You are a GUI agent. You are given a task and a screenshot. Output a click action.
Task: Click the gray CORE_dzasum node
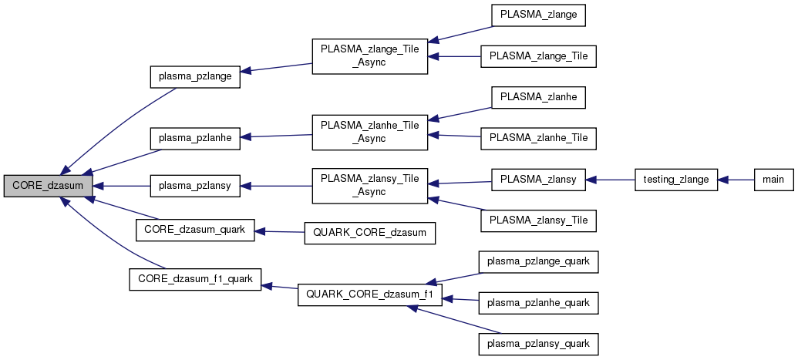coord(48,186)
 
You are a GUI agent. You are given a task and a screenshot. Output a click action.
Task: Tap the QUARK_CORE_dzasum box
coord(371,231)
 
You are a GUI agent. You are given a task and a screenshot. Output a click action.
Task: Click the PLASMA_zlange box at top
coord(538,15)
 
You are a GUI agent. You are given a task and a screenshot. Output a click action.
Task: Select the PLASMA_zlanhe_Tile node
coord(538,137)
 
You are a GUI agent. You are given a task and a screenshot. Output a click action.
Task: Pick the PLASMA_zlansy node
coord(538,180)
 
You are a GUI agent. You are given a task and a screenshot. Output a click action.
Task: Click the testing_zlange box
coord(676,180)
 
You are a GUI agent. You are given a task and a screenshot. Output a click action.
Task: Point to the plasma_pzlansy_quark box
coord(538,343)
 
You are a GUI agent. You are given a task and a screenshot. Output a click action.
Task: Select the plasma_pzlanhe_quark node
coord(538,303)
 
